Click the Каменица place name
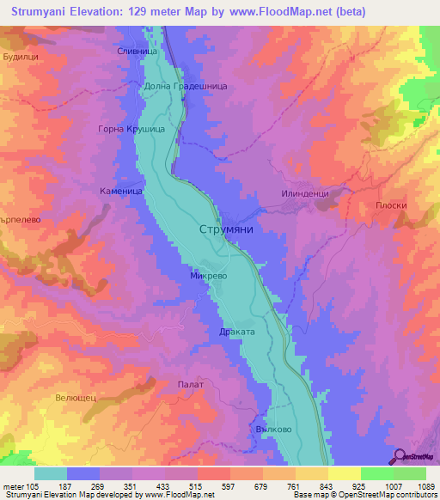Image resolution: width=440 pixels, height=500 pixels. click(x=120, y=192)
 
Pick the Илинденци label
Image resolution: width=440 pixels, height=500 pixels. click(x=305, y=194)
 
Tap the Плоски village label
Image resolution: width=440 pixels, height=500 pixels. click(x=390, y=205)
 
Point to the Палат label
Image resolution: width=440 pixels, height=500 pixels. click(x=190, y=384)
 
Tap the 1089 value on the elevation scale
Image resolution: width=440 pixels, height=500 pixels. click(x=426, y=486)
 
